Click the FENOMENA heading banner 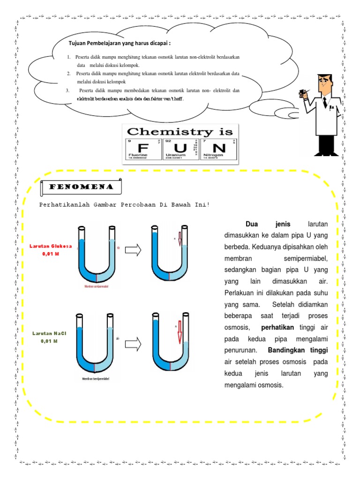point(81,187)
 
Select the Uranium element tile point(180,149)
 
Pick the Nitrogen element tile point(219,149)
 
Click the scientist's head point(323,84)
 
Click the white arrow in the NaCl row point(134,345)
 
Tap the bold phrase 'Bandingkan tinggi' point(298,351)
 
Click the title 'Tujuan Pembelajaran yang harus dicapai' point(119,44)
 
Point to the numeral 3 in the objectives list point(67,90)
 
